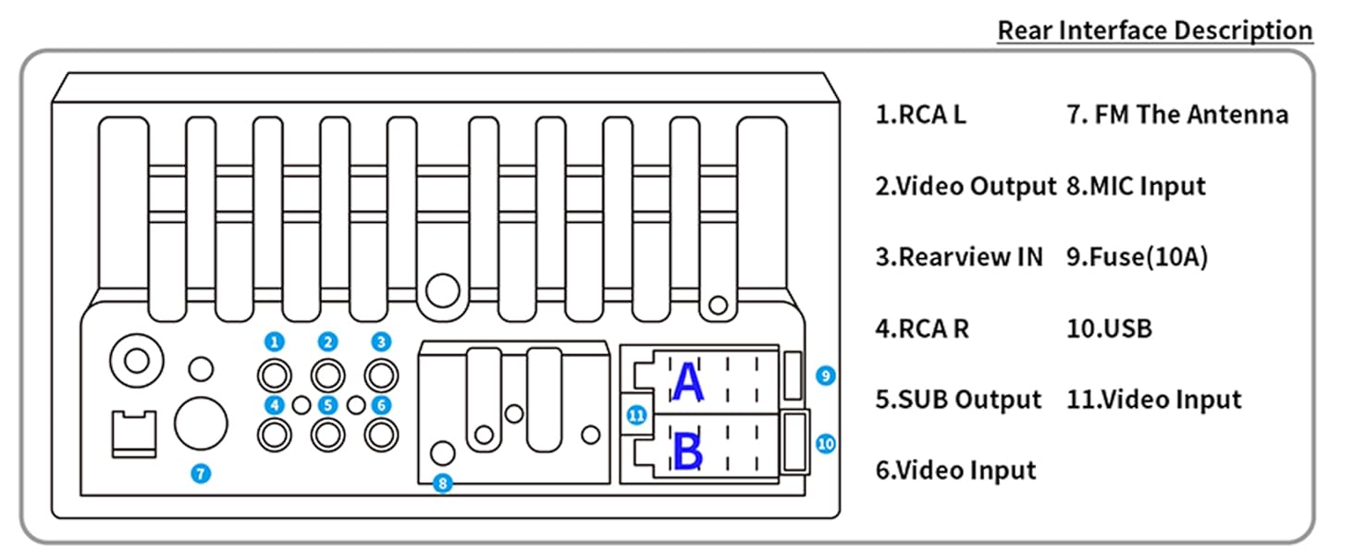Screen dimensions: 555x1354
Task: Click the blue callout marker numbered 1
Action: [x=274, y=341]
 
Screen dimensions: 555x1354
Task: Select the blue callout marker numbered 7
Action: [x=202, y=474]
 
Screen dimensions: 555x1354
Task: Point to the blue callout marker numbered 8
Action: [x=443, y=483]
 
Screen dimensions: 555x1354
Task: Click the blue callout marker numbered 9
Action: [x=826, y=376]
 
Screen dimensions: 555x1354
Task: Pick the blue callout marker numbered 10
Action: [x=826, y=444]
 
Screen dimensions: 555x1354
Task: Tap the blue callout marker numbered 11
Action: [x=635, y=415]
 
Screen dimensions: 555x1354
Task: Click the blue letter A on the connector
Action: [x=687, y=384]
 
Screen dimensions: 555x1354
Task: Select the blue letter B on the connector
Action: [x=687, y=452]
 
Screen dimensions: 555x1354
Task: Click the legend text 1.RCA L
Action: [x=921, y=116]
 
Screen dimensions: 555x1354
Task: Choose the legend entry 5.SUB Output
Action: [x=958, y=400]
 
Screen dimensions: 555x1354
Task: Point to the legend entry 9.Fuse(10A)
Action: [x=1138, y=257]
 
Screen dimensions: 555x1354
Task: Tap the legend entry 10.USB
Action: [x=1109, y=328]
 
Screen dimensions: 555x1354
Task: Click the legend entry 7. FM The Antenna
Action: [x=1176, y=116]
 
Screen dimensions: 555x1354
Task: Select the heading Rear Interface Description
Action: [x=1154, y=31]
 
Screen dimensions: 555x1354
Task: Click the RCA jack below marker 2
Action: [x=327, y=376]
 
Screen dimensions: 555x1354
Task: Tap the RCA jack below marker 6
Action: [x=381, y=433]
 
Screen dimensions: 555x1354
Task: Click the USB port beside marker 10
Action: [x=794, y=442]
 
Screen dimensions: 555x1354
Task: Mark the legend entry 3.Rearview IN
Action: [x=959, y=257]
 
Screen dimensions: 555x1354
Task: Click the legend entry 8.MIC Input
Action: [x=1136, y=187]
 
